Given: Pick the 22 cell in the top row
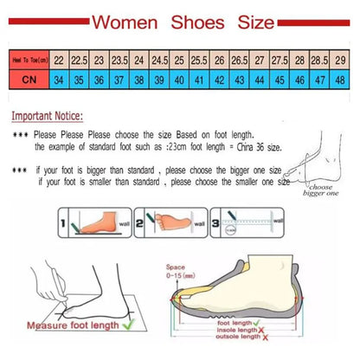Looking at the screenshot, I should point(59,59).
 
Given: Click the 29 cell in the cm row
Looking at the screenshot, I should point(340,59).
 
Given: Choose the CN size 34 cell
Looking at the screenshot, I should point(59,80).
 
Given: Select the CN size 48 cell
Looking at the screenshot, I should point(340,80).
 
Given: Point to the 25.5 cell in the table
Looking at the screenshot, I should point(199,59).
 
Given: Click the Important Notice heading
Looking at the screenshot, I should point(49,112).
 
